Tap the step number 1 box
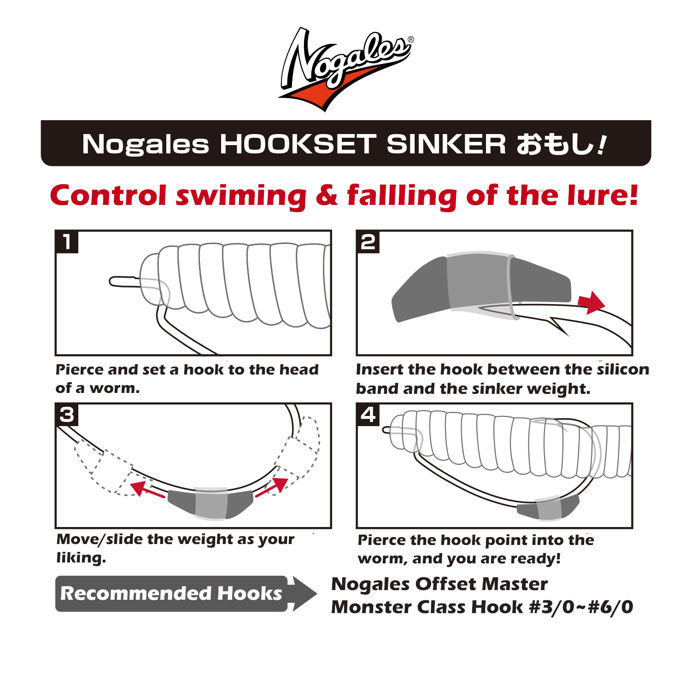click(67, 242)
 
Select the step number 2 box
click(368, 242)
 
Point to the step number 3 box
click(67, 415)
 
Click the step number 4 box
click(368, 415)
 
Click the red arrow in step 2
click(591, 303)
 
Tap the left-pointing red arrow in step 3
click(147, 489)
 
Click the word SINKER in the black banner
click(446, 144)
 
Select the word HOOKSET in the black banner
click(298, 144)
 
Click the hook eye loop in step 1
click(123, 281)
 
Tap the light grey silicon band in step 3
click(211, 504)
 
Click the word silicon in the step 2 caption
click(623, 369)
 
